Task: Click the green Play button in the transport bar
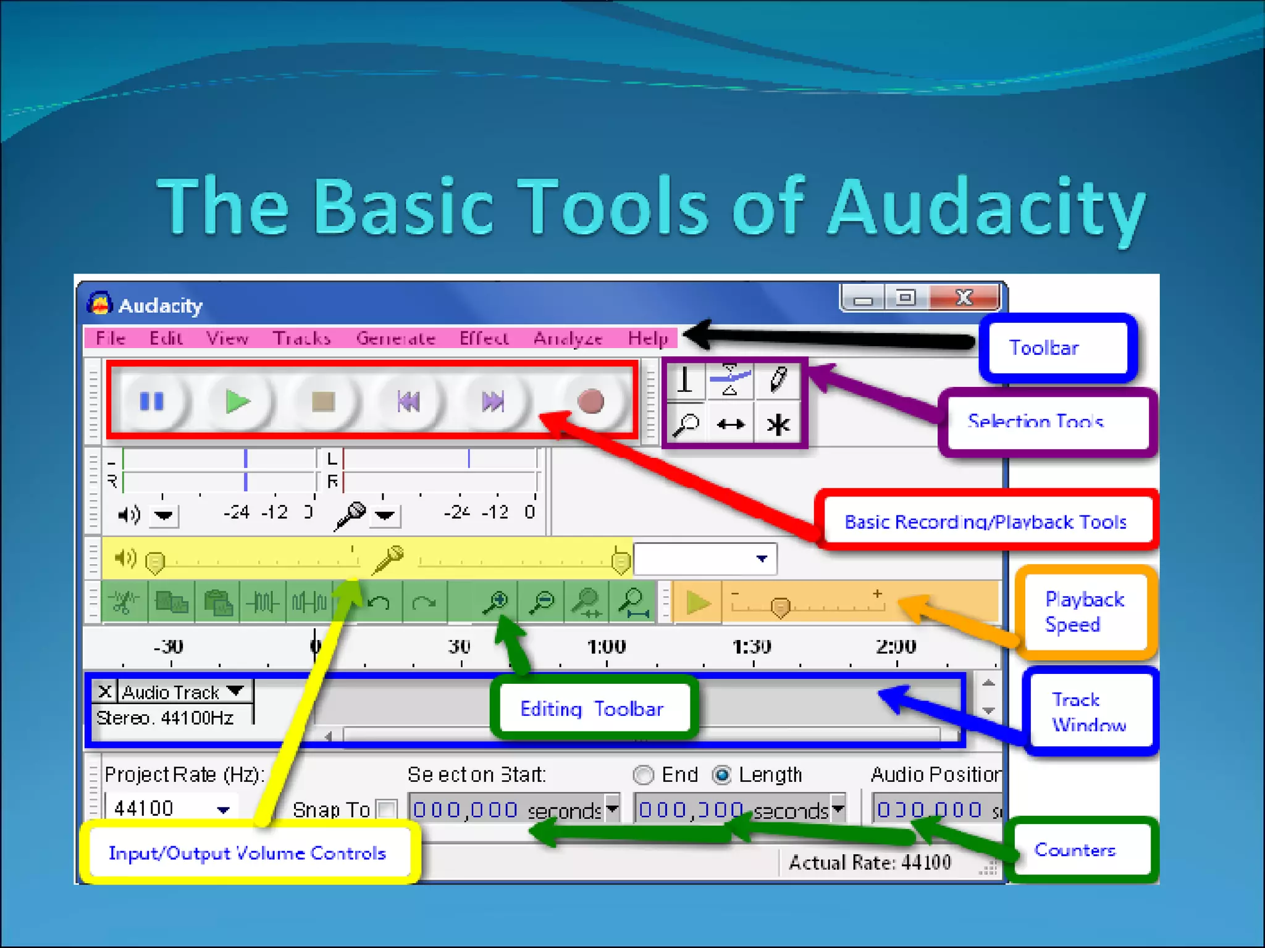click(237, 402)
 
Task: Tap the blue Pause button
click(152, 402)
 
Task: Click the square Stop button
click(323, 402)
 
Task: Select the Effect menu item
click(484, 338)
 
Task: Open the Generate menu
click(395, 338)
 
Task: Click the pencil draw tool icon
click(778, 379)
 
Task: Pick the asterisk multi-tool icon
click(778, 425)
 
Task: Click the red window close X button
click(964, 298)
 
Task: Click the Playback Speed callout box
click(1085, 612)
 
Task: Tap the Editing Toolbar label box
click(592, 709)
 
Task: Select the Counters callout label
click(1075, 850)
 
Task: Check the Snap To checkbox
click(387, 809)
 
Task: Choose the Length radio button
click(721, 775)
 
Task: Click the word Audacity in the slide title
click(986, 206)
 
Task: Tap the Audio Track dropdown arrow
click(235, 691)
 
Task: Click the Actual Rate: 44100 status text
click(870, 862)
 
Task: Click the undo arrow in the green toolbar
click(379, 601)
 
